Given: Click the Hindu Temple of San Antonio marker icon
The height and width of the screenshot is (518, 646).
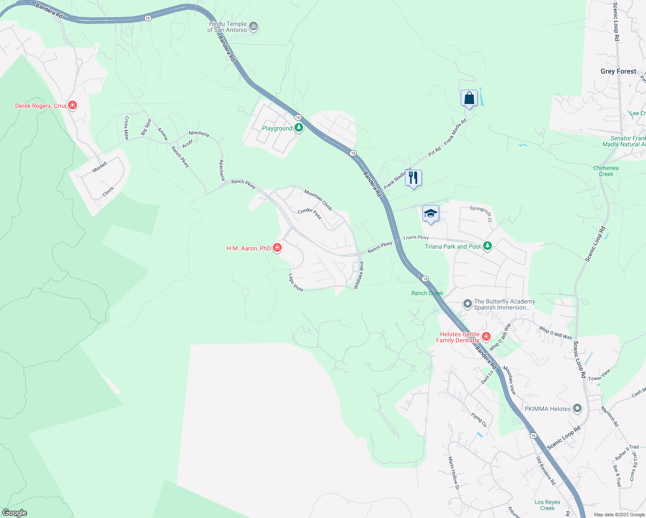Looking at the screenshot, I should point(254,27).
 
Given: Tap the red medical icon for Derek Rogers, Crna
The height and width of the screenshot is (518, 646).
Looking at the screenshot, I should point(73,105).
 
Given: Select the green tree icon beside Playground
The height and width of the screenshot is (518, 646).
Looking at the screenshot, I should point(299,128).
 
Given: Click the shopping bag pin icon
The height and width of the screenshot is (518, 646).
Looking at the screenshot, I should point(469,98).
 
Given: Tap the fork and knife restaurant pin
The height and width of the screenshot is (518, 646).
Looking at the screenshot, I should point(413,178).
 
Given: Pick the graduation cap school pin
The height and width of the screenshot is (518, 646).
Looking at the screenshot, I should point(431,214).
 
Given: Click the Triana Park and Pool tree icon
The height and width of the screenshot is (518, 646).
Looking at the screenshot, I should point(488,246).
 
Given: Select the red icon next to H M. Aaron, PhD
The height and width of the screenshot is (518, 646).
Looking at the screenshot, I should point(277,248).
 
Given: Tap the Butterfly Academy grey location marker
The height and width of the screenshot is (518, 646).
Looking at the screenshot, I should point(467,304).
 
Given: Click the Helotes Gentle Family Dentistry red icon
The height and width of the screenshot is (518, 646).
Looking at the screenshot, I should point(486,336).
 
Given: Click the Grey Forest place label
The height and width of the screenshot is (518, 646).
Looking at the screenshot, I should point(618,71).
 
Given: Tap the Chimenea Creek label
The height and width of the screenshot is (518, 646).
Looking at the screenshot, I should point(606,171).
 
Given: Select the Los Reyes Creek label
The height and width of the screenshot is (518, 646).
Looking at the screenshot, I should point(547,505).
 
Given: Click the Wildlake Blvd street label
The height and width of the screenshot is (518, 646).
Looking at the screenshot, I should point(359,275).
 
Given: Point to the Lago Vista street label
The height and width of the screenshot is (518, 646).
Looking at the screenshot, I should point(296,283).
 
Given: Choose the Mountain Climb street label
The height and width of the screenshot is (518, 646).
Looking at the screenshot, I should point(318,200).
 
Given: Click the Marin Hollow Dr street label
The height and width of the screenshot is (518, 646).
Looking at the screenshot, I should point(453,473).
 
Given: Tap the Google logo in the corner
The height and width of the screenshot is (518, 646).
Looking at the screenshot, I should point(14,513).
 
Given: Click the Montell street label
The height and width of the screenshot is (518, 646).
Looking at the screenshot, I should point(100,167).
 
